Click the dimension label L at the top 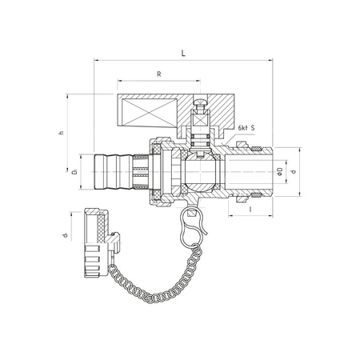[183, 54]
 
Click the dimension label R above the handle [159, 74]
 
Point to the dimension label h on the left [62, 132]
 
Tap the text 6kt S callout [246, 128]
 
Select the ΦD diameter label [279, 171]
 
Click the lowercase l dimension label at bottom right [250, 210]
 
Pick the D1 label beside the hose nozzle [75, 172]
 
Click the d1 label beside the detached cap [65, 235]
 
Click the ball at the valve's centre [201, 172]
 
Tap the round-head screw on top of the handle [200, 104]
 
